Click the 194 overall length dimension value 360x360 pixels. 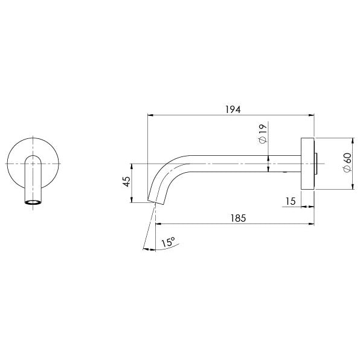point(233,109)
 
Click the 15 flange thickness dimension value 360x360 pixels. point(291,201)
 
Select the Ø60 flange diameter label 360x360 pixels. point(347,163)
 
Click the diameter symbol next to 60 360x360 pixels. point(347,170)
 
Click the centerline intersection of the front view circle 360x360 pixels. point(33,163)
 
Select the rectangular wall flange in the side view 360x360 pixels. point(309,163)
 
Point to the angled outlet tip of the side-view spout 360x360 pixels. point(155,201)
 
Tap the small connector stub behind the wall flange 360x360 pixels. point(317,163)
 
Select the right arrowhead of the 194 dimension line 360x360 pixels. point(312,115)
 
